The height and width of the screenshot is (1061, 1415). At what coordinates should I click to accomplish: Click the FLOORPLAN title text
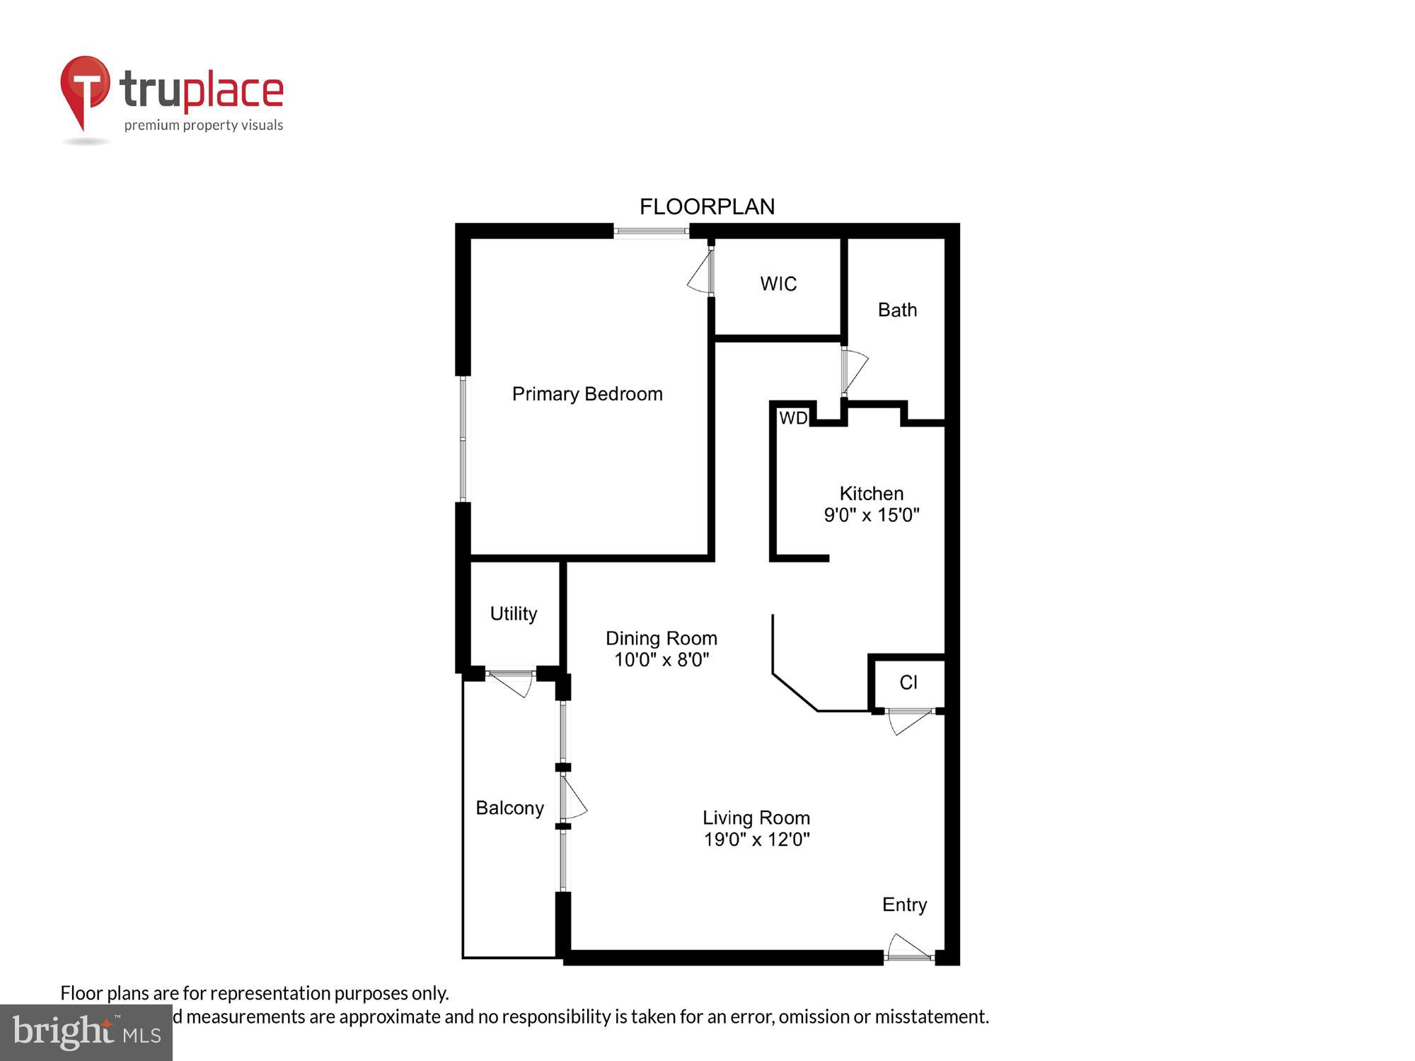click(707, 207)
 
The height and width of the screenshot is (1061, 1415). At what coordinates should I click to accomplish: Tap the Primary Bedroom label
click(587, 394)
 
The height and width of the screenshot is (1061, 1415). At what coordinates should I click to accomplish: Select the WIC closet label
click(778, 284)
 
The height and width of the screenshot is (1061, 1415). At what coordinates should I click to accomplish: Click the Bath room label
click(897, 310)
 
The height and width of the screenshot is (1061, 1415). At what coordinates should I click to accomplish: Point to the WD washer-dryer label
click(793, 418)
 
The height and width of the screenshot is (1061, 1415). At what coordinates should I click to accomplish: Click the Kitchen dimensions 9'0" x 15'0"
click(871, 515)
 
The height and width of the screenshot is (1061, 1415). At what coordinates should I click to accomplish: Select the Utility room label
click(514, 613)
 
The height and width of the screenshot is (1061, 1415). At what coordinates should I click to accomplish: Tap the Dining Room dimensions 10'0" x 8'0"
click(662, 660)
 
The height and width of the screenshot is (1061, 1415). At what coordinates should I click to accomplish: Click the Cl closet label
click(908, 682)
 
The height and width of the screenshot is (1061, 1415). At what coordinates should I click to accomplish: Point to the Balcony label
click(509, 808)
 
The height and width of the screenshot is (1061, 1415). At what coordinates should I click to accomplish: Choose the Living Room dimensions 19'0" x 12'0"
click(756, 840)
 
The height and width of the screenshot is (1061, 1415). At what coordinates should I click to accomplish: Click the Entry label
click(904, 905)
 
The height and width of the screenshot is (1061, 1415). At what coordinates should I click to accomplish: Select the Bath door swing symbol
click(854, 370)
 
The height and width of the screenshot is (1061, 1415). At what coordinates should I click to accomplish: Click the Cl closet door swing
click(908, 721)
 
